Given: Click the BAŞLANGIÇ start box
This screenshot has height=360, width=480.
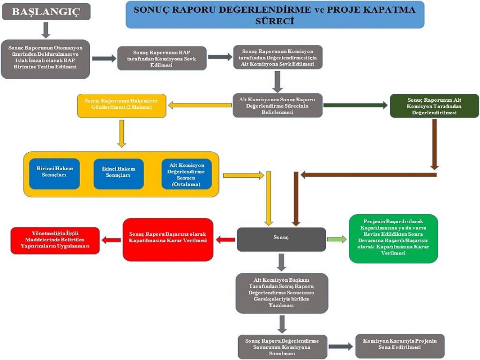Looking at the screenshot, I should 46,12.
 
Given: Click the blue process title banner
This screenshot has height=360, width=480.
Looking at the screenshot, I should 275,15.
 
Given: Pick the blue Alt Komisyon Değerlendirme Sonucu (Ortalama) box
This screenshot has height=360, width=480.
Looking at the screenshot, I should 186,174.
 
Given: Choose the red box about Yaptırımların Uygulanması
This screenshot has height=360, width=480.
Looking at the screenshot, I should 55,240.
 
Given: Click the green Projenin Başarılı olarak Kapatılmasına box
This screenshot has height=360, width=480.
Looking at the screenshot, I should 393,239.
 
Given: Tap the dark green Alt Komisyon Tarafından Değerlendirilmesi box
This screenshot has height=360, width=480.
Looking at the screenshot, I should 434,106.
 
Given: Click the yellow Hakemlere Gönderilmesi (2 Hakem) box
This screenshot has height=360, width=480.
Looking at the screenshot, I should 121,105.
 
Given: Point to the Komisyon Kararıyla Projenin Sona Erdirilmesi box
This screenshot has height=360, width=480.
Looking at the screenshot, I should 400,346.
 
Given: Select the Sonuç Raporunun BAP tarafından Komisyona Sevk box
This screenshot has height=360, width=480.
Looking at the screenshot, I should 161,58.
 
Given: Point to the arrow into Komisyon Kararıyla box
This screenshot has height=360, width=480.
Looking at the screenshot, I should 340,346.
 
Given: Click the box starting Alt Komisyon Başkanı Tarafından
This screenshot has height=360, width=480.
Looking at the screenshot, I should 281,293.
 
